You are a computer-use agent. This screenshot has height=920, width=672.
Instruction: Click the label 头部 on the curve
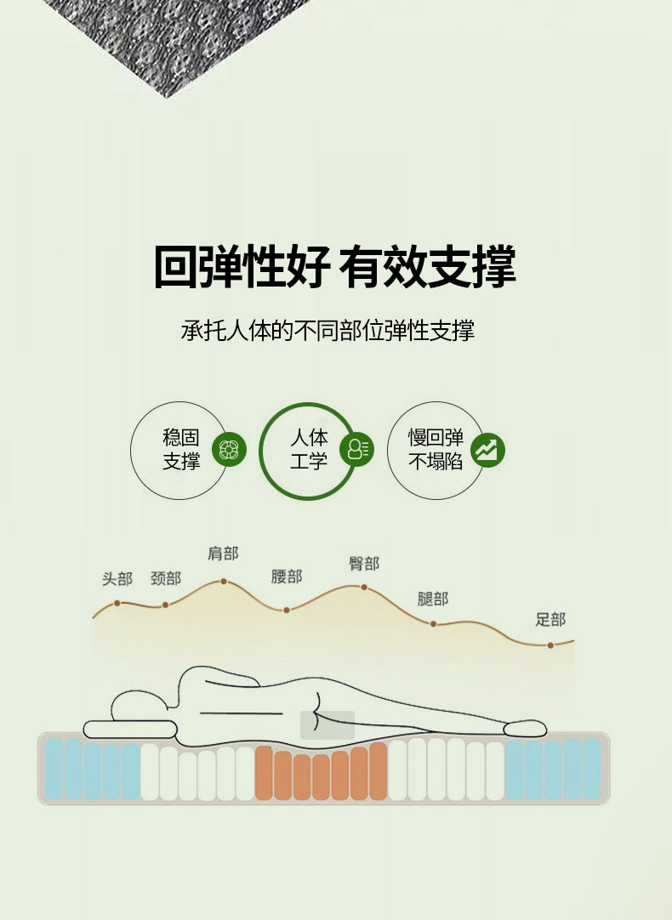click(x=117, y=579)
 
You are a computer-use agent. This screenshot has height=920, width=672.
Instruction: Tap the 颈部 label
click(x=166, y=578)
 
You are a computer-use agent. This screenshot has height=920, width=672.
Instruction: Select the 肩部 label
click(x=223, y=554)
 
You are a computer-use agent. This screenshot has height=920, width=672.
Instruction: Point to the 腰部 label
click(x=287, y=576)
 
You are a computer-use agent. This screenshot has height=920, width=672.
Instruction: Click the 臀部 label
click(x=364, y=563)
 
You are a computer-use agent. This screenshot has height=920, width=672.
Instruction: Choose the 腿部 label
click(x=433, y=599)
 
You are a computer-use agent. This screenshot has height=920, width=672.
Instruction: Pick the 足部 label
click(x=550, y=619)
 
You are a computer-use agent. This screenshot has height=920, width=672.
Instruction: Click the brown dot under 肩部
click(x=224, y=582)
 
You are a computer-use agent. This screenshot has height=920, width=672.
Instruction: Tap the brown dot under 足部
click(x=550, y=645)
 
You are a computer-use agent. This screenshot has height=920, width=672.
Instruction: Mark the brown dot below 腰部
click(x=287, y=610)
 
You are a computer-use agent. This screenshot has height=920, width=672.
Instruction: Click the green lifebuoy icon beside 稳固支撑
click(x=229, y=450)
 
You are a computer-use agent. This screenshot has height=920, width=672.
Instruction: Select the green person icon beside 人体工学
click(x=356, y=450)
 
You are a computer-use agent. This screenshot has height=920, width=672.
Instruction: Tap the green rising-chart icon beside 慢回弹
click(x=487, y=450)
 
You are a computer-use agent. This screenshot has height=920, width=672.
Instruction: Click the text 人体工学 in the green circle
click(x=309, y=450)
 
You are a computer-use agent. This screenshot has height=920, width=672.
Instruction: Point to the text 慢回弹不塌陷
click(x=436, y=450)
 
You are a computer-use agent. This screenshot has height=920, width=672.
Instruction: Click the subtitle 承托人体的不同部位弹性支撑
click(x=327, y=331)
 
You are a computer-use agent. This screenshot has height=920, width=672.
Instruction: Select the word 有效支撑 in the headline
click(x=427, y=267)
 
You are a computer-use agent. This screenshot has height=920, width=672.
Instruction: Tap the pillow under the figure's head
click(x=129, y=730)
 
